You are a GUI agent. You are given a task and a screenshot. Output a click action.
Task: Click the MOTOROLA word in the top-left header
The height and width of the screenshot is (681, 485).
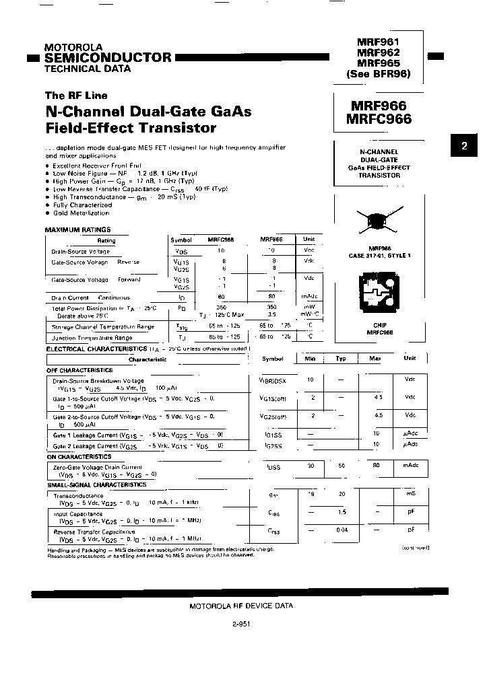73,47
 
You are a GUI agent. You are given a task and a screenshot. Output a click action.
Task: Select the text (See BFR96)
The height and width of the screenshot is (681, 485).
378,74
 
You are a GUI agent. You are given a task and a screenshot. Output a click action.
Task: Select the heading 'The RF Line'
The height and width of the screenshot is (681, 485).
76,96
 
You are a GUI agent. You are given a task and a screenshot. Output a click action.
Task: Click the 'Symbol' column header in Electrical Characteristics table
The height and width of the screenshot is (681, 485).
273,359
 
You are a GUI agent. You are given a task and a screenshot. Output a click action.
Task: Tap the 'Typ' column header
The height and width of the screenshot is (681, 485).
342,359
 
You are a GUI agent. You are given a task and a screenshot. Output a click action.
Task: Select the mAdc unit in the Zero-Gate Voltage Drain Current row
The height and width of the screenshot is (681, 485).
410,466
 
